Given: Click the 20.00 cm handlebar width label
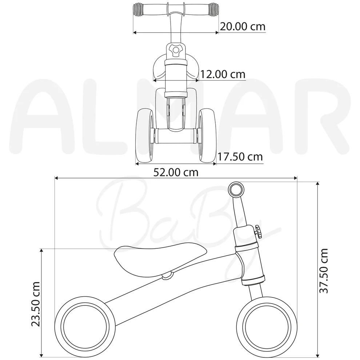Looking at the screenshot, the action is pyautogui.click(x=243, y=27).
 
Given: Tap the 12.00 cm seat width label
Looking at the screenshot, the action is pyautogui.click(x=223, y=74).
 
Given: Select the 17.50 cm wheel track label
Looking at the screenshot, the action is pyautogui.click(x=240, y=157).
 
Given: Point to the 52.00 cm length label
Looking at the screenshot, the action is pyautogui.click(x=176, y=172).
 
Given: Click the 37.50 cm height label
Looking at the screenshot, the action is pyautogui.click(x=324, y=271).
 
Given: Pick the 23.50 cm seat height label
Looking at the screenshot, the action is pyautogui.click(x=36, y=304).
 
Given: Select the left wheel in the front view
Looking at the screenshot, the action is pyautogui.click(x=145, y=136).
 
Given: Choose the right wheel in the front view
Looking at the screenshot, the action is pyautogui.click(x=208, y=136).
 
